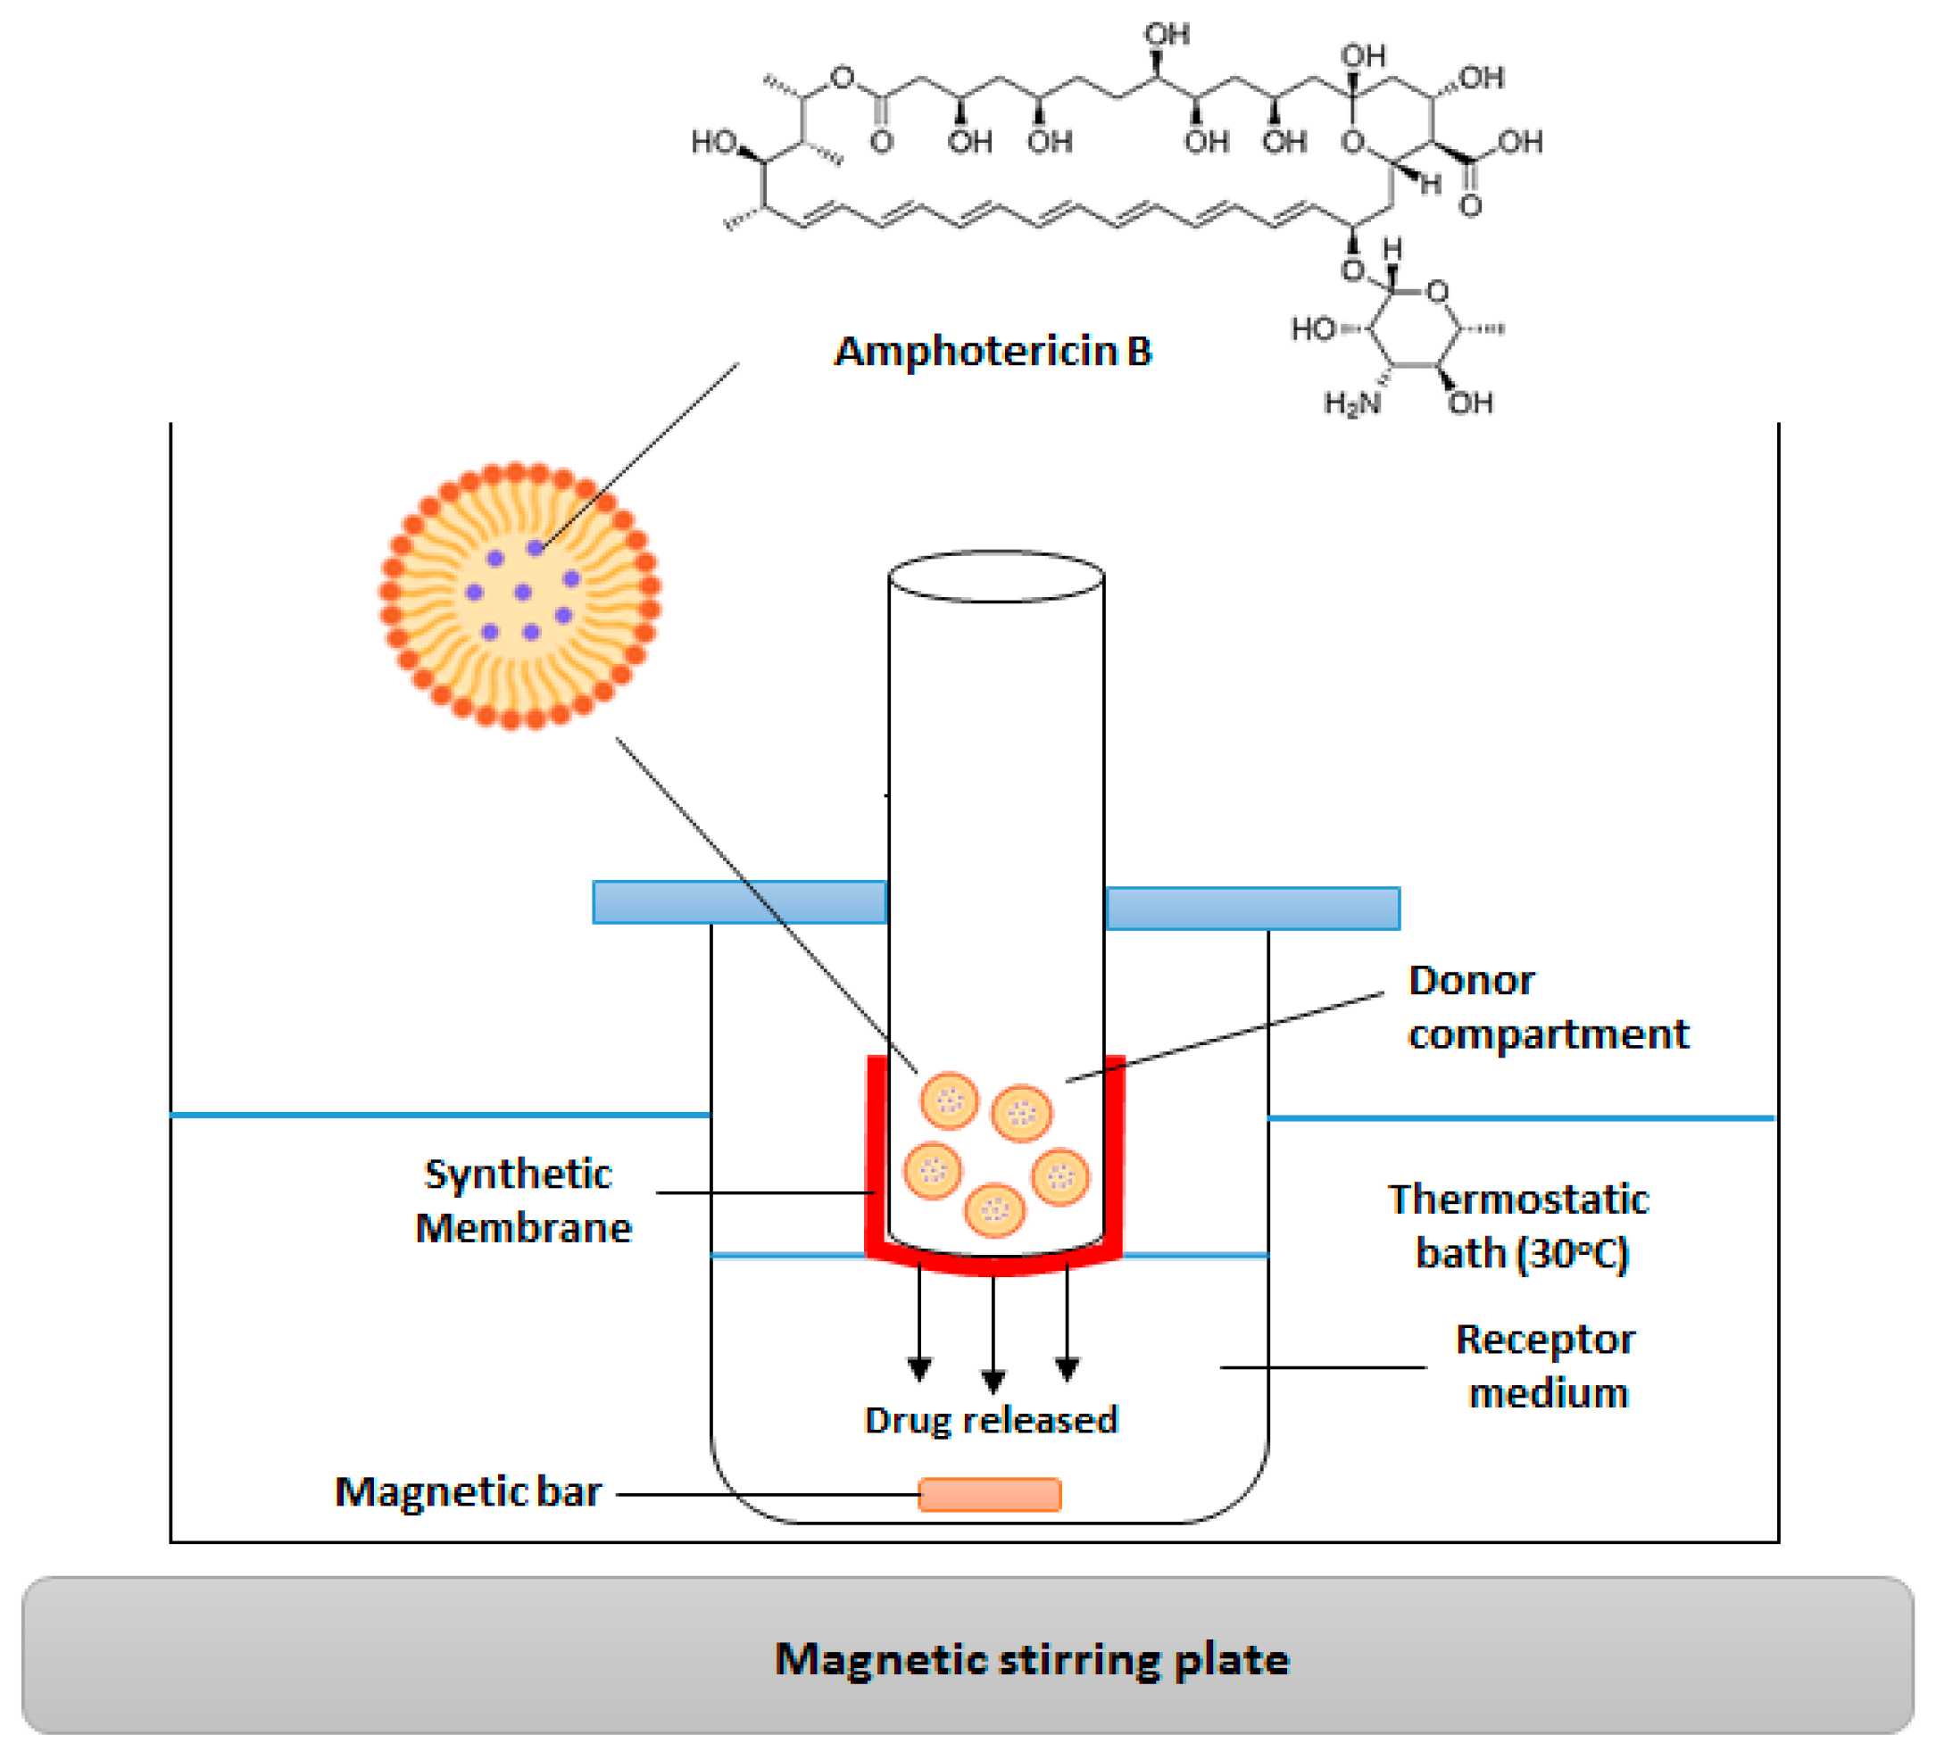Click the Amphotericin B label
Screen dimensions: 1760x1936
992,352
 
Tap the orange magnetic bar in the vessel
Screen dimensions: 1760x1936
989,1495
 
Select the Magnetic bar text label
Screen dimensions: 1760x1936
468,1492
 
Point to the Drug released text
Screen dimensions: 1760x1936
991,1420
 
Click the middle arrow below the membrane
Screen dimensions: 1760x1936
993,1334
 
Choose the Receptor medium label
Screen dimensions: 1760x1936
1546,1366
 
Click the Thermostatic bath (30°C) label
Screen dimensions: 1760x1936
1520,1226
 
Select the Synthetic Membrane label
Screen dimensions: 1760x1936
522,1200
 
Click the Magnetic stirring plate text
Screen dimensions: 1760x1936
1032,1659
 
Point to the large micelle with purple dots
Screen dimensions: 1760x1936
519,596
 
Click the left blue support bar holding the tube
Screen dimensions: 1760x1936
738,902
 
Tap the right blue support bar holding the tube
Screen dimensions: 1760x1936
1252,909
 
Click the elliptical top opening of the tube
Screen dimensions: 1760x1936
996,576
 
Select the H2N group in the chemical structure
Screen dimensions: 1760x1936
1351,403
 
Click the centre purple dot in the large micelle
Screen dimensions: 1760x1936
522,593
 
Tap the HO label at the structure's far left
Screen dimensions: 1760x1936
713,142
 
